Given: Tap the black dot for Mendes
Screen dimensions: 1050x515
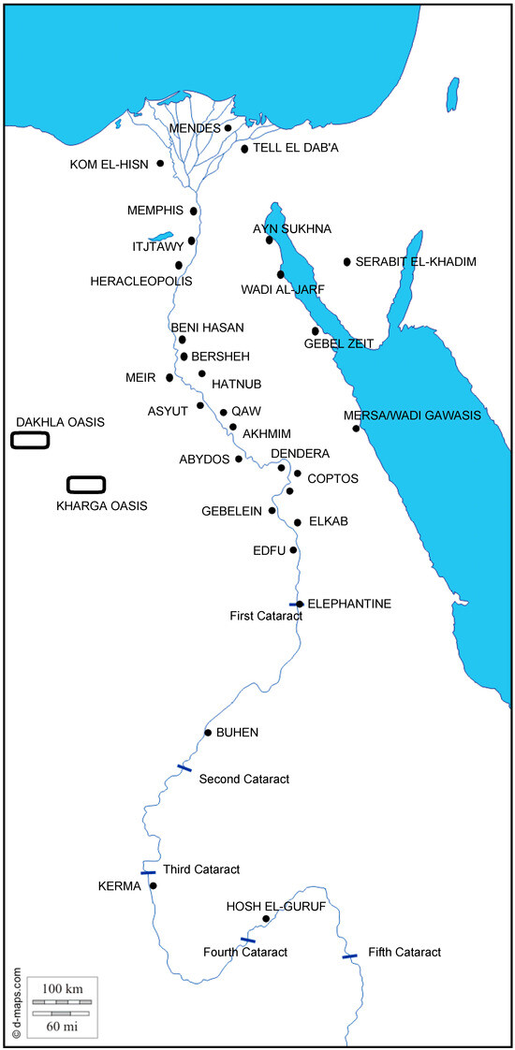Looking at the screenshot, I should pos(228,128).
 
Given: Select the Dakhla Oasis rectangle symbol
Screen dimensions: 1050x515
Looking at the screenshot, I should pos(30,440).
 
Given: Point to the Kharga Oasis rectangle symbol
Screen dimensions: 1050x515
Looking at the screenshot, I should pos(86,484).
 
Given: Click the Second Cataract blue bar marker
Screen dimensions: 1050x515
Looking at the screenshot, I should pos(184,768).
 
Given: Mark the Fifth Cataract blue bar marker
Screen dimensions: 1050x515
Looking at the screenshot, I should pos(349,956).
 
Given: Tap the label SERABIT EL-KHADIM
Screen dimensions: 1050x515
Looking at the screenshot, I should pos(416,262).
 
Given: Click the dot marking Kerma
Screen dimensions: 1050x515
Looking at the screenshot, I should pos(154,885).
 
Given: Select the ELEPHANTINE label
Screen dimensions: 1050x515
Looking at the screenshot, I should pos(349,604).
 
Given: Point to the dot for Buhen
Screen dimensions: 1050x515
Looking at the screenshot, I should pos(208,732).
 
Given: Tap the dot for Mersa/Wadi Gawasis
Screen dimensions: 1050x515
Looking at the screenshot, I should pos(356,429).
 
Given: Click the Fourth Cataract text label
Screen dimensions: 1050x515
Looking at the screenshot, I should pos(244,952).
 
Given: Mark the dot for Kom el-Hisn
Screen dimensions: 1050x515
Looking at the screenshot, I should pos(160,164).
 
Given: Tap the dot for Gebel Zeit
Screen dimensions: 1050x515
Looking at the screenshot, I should pos(316,331).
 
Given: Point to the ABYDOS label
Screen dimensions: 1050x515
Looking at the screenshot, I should pos(204,459).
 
